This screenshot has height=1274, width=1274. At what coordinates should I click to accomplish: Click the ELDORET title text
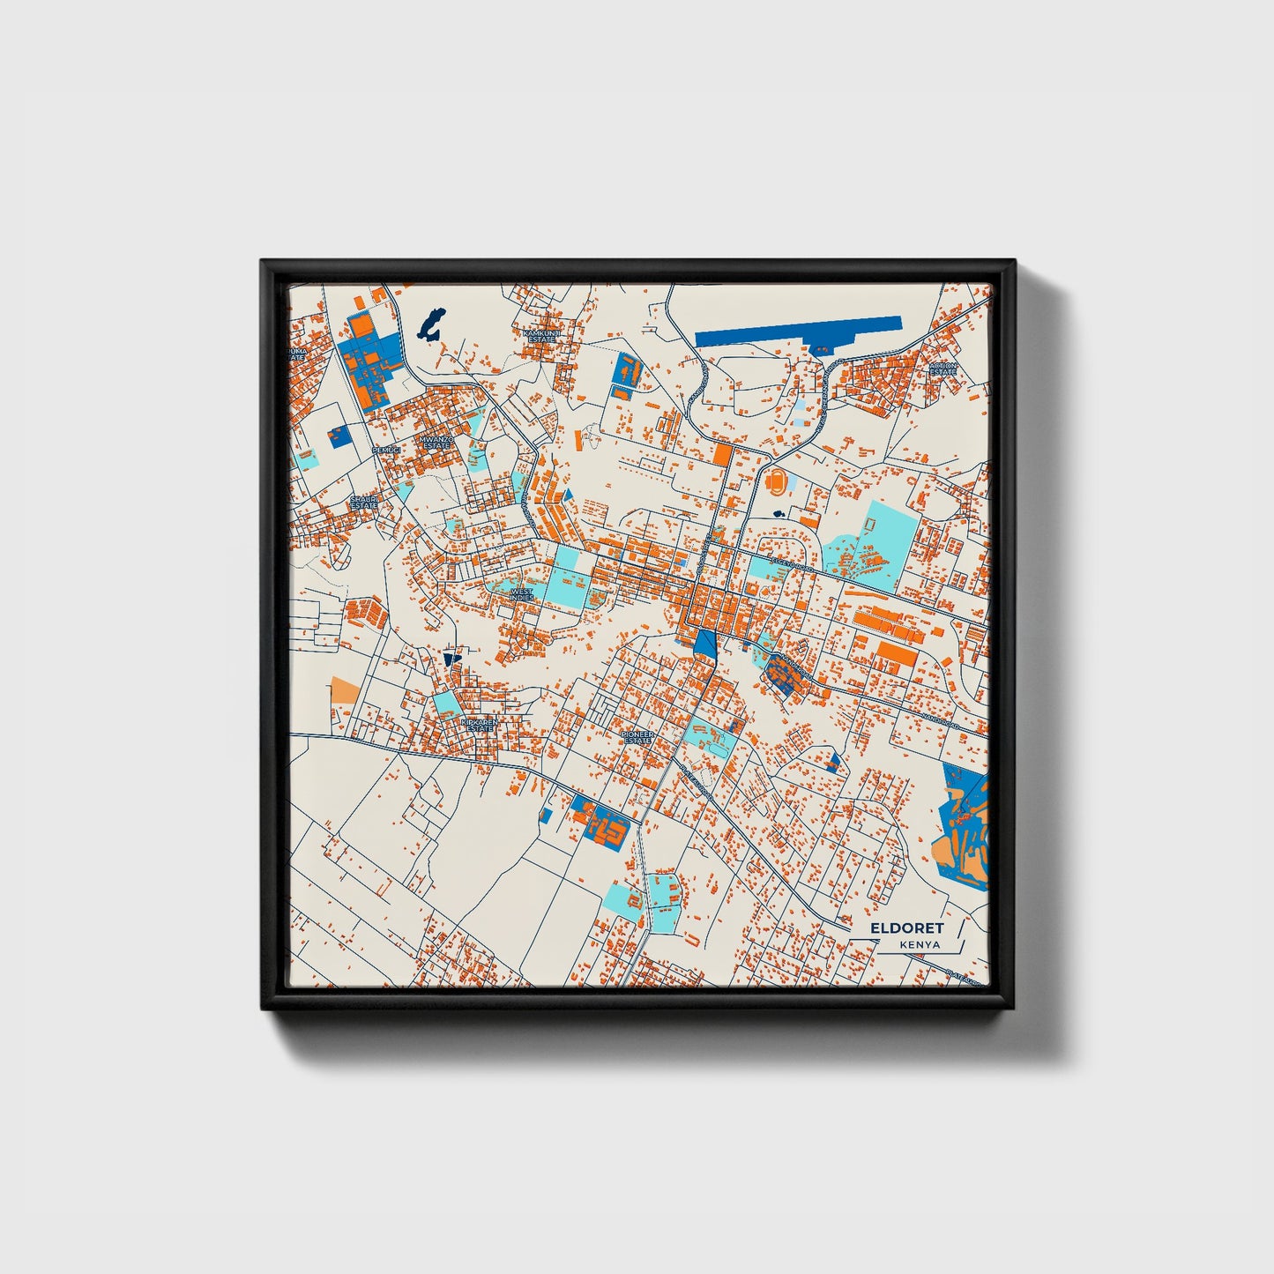pyautogui.click(x=906, y=928)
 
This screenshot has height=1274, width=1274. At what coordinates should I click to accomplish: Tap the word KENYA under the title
pyautogui.click(x=920, y=945)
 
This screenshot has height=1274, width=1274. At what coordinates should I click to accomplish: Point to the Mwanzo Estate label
pyautogui.click(x=436, y=443)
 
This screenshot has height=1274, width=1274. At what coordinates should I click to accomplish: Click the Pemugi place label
pyautogui.click(x=386, y=451)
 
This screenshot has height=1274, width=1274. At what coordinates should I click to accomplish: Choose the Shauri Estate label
pyautogui.click(x=363, y=503)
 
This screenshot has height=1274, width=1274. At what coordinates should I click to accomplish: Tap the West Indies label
pyautogui.click(x=521, y=595)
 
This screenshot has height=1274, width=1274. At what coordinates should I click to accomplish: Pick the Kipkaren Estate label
pyautogui.click(x=479, y=725)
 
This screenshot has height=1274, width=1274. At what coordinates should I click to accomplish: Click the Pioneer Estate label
pyautogui.click(x=636, y=737)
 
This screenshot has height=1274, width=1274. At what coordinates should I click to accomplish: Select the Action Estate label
pyautogui.click(x=942, y=369)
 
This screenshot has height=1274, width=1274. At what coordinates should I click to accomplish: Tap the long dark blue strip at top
pyautogui.click(x=798, y=332)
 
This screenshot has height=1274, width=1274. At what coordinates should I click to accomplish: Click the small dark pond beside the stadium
pyautogui.click(x=779, y=514)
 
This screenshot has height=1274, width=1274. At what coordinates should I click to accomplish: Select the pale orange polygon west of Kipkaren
pyautogui.click(x=344, y=690)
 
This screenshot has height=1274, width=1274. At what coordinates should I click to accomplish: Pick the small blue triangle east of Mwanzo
pyautogui.click(x=569, y=494)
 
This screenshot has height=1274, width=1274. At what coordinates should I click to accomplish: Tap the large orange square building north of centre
pyautogui.click(x=722, y=455)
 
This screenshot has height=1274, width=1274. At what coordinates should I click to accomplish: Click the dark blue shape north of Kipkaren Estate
pyautogui.click(x=452, y=658)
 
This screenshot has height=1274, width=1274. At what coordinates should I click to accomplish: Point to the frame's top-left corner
pyautogui.click(x=262, y=261)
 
